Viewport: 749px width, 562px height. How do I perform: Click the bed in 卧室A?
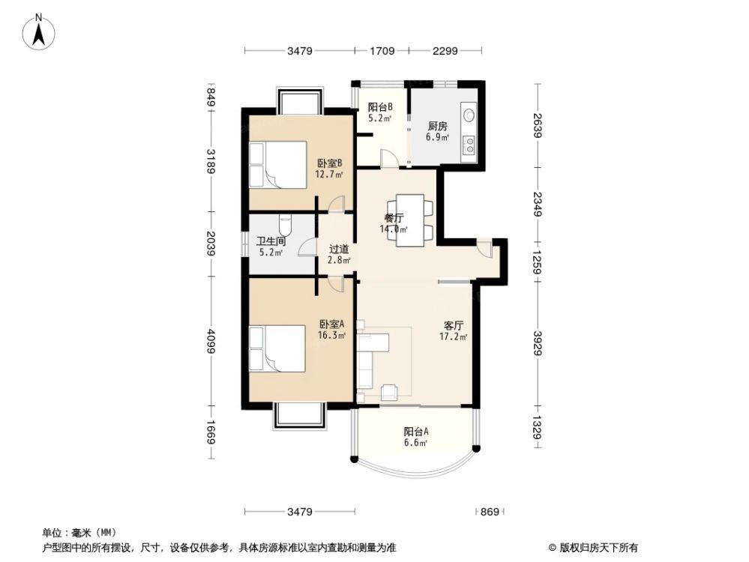(277, 348)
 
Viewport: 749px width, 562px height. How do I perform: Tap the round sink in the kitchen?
(469, 115)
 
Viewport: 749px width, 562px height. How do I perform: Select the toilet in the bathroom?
(284, 224)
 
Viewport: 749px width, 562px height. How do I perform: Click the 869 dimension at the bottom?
(489, 512)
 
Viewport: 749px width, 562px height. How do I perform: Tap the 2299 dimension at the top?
(445, 52)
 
